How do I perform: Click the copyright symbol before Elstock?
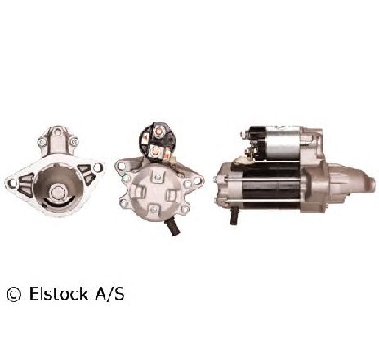(x=14, y=295)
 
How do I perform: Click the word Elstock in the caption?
(x=59, y=294)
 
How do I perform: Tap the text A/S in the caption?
(x=109, y=294)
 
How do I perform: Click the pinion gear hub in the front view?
(x=58, y=192)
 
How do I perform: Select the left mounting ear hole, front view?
(x=12, y=183)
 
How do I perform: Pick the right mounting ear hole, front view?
(x=97, y=167)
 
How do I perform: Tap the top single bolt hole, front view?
(x=57, y=132)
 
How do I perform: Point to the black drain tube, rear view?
(x=172, y=227)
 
